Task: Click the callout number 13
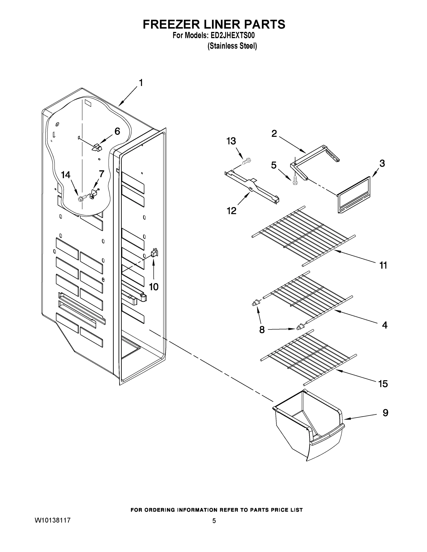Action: pyautogui.click(x=231, y=141)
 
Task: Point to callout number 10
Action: pyautogui.click(x=154, y=287)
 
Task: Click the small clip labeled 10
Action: pyautogui.click(x=154, y=253)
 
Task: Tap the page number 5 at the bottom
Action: pyautogui.click(x=214, y=521)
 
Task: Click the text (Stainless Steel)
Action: pyautogui.click(x=232, y=46)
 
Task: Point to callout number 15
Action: pyautogui.click(x=383, y=384)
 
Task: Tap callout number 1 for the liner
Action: pyautogui.click(x=141, y=83)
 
